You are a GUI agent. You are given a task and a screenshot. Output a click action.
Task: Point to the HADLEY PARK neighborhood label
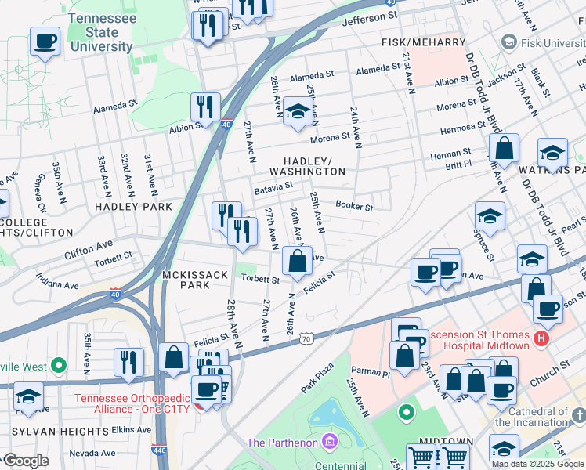point(132,207)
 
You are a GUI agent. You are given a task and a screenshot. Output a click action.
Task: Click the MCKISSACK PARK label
point(186,280)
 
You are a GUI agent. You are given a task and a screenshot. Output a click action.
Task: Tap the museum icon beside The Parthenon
point(327,443)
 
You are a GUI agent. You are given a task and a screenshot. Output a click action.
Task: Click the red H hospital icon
point(540,339)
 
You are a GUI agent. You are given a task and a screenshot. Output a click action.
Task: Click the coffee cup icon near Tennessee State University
point(45,41)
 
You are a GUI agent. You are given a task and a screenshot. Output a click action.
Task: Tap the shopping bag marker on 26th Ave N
point(297,262)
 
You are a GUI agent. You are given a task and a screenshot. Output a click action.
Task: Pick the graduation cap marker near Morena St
point(297,111)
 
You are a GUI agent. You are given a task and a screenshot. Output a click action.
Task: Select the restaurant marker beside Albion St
point(205,106)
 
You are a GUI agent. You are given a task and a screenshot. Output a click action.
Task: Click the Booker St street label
point(353,207)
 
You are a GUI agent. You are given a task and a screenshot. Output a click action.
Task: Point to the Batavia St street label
point(273,188)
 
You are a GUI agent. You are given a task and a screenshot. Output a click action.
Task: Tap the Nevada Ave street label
point(92,453)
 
